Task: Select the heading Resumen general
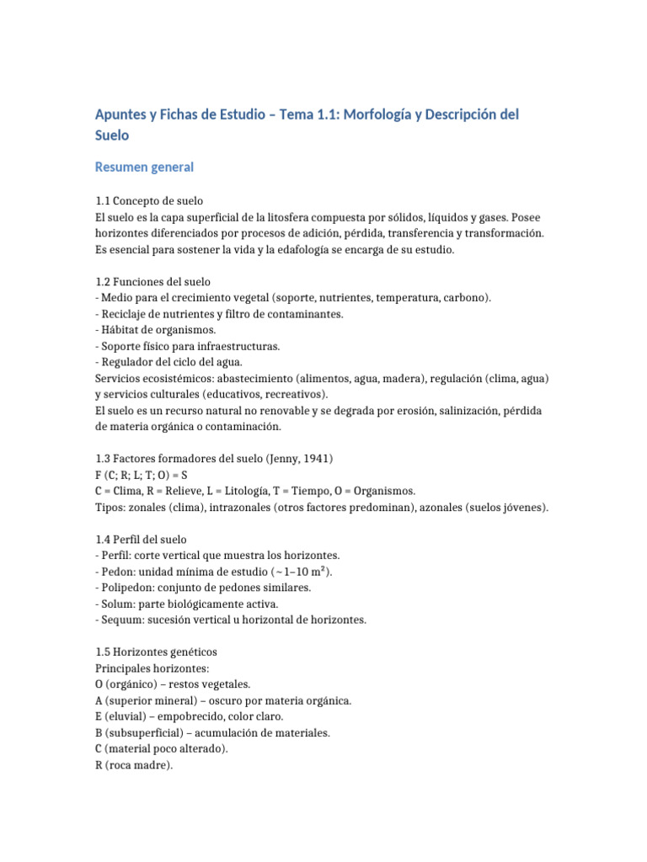click(145, 167)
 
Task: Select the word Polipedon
click(128, 587)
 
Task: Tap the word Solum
click(120, 604)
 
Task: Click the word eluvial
click(126, 716)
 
